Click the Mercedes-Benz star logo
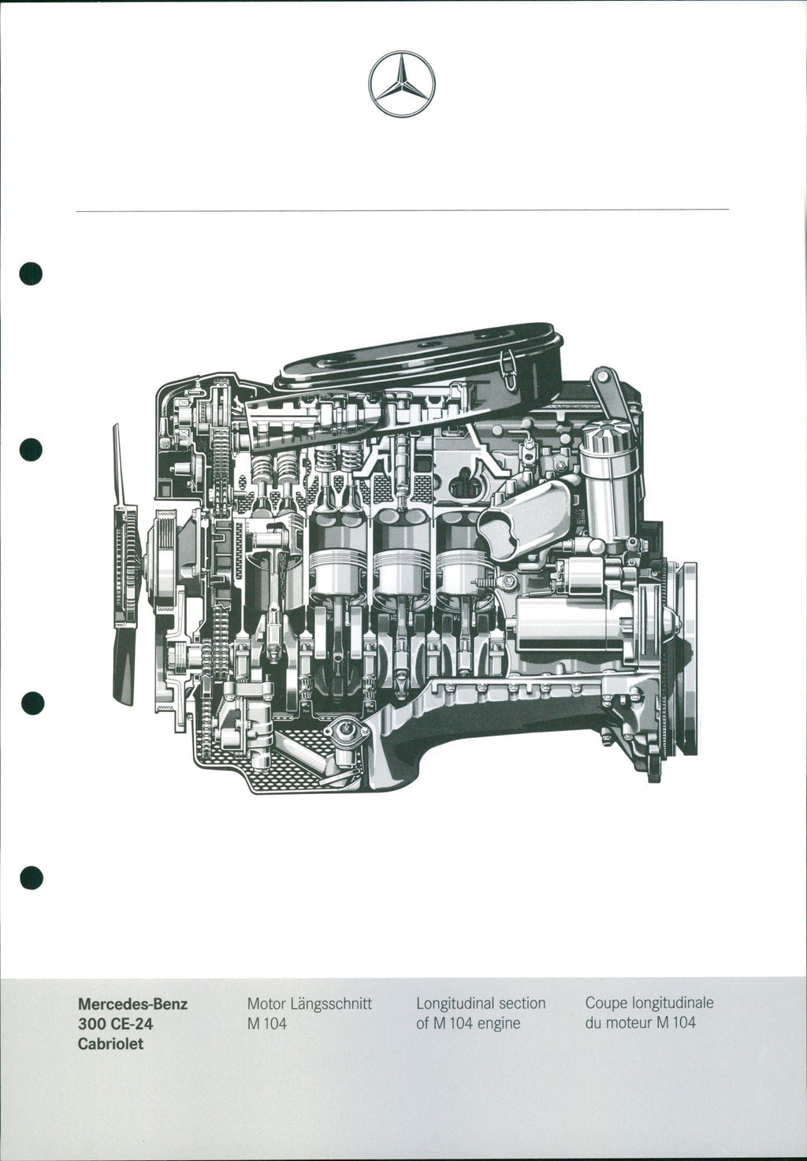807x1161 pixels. (x=402, y=84)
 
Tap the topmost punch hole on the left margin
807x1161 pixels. (x=31, y=273)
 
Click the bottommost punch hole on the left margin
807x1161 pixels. (x=32, y=877)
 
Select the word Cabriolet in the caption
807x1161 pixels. (x=110, y=1044)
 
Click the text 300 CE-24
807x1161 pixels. (x=116, y=1024)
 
